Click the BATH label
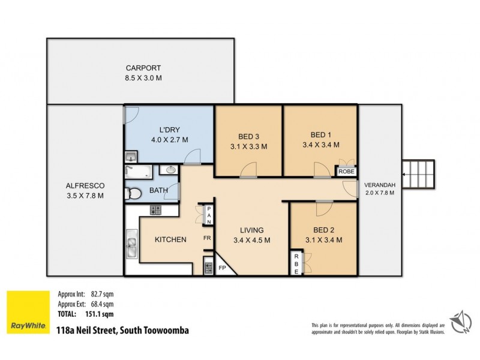tap(158, 191)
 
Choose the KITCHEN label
tap(170, 239)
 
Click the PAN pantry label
tap(208, 215)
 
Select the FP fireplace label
tap(222, 268)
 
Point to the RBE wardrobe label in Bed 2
tap(296, 263)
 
